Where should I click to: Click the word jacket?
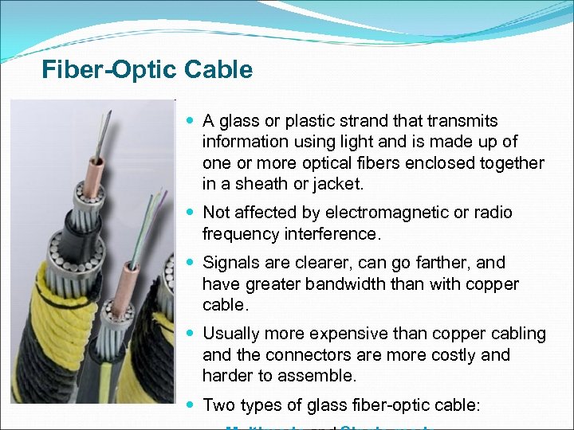(x=338, y=184)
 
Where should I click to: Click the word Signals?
(x=230, y=263)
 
